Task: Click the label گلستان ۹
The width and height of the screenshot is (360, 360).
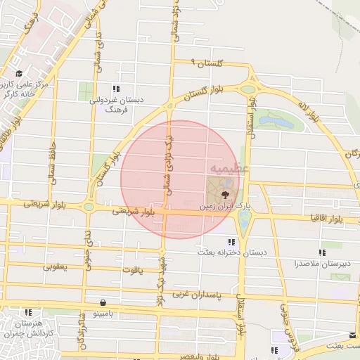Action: click(210, 64)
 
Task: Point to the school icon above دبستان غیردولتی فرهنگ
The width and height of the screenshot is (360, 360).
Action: click(116, 89)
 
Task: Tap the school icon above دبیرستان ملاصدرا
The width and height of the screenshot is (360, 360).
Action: click(322, 252)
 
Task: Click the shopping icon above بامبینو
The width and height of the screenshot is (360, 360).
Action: click(103, 303)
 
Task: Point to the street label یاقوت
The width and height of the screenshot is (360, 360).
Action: click(132, 269)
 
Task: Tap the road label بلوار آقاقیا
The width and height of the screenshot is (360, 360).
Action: click(323, 217)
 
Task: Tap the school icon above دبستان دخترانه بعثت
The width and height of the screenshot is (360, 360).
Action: click(232, 242)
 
